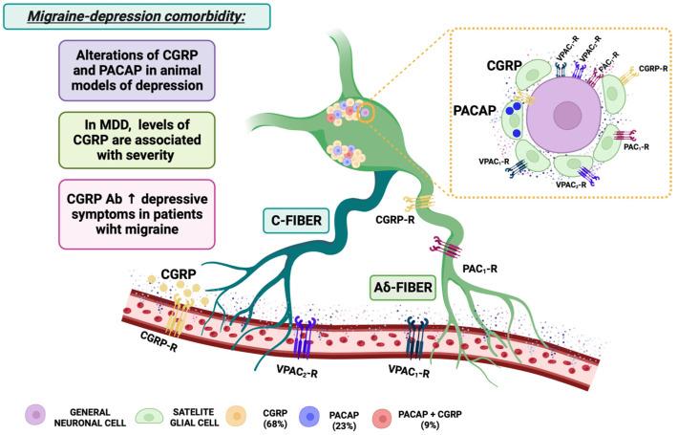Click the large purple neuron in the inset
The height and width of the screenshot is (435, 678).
click(x=565, y=111)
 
